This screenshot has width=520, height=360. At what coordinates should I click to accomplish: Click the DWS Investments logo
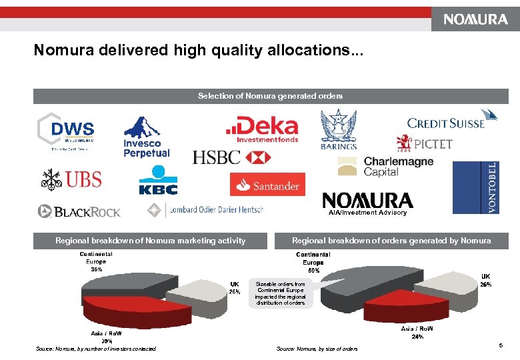pyautogui.click(x=65, y=132)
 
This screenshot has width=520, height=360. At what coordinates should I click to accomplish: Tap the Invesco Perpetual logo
pyautogui.click(x=147, y=137)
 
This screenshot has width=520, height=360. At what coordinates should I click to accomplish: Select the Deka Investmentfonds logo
pyautogui.click(x=261, y=129)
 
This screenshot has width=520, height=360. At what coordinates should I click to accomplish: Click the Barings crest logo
pyautogui.click(x=339, y=129)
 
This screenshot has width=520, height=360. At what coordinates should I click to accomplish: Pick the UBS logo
pyautogui.click(x=70, y=179)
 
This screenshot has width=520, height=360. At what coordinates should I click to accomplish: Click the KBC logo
pyautogui.click(x=158, y=181)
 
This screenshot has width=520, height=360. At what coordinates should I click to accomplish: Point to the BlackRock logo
pyautogui.click(x=79, y=211)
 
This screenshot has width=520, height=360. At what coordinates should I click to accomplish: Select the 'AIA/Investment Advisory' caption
pyautogui.click(x=367, y=213)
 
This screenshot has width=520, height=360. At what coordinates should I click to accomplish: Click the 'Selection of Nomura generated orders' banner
pyautogui.click(x=271, y=96)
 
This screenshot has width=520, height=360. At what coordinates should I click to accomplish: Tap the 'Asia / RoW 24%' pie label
pyautogui.click(x=417, y=332)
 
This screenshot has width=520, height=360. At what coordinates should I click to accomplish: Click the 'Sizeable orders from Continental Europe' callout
pyautogui.click(x=280, y=293)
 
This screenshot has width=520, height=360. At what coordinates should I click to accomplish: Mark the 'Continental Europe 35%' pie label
pyautogui.click(x=96, y=261)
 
